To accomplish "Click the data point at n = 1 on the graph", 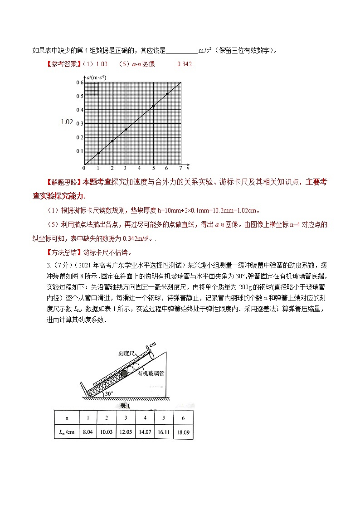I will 98,153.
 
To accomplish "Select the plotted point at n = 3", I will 126,130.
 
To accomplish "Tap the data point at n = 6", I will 167,94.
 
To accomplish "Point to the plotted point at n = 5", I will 153,106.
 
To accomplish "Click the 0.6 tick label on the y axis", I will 80,82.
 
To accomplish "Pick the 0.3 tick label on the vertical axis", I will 80,124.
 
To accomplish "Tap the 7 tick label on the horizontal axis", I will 180,168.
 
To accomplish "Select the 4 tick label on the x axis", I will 140,168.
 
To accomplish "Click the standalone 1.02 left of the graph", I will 67,121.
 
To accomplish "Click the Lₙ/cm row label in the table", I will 66,432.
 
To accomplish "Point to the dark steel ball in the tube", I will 125,373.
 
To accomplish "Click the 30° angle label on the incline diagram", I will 109,393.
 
